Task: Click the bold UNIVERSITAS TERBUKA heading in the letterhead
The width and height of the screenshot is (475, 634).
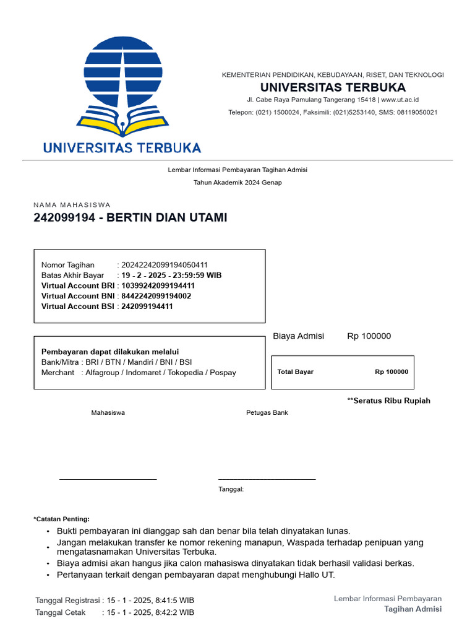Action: pos(333,87)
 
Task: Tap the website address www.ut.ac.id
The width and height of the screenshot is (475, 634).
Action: pos(400,100)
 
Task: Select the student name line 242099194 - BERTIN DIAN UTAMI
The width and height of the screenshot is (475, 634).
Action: pos(131,218)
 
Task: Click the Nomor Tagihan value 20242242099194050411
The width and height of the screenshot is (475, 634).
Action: pos(165,265)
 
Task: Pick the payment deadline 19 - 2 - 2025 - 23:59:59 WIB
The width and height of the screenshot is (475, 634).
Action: pos(171,275)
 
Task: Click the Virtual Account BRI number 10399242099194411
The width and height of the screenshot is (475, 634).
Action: pos(158,285)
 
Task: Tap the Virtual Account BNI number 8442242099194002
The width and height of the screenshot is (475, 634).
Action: pos(156,296)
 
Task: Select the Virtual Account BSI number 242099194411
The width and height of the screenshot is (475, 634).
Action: pos(147,306)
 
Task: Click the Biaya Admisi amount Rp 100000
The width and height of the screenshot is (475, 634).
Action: pos(369,336)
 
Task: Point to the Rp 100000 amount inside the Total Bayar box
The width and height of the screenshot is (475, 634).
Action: pos(392,372)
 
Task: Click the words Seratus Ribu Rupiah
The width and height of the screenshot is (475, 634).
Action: pos(391,401)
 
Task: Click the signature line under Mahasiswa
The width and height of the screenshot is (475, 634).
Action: pos(108,479)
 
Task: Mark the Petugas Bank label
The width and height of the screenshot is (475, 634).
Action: pos(267,413)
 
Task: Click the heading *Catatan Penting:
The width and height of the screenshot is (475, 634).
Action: pos(61,519)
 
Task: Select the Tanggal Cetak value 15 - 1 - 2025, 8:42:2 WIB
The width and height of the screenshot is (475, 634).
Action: pos(150,612)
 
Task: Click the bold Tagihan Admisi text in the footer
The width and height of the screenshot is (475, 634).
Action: pos(413,609)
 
